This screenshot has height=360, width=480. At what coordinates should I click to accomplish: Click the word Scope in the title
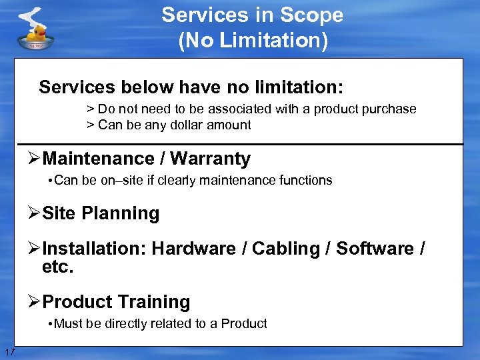[x=313, y=15]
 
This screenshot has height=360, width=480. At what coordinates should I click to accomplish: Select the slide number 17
[x=9, y=352]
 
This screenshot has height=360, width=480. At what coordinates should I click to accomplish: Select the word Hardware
[x=193, y=249]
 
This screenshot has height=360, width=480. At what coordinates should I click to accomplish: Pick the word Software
[x=375, y=249]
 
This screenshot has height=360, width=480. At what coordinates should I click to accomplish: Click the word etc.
[x=57, y=267]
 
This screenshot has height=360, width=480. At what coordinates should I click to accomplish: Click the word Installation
[x=94, y=249]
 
